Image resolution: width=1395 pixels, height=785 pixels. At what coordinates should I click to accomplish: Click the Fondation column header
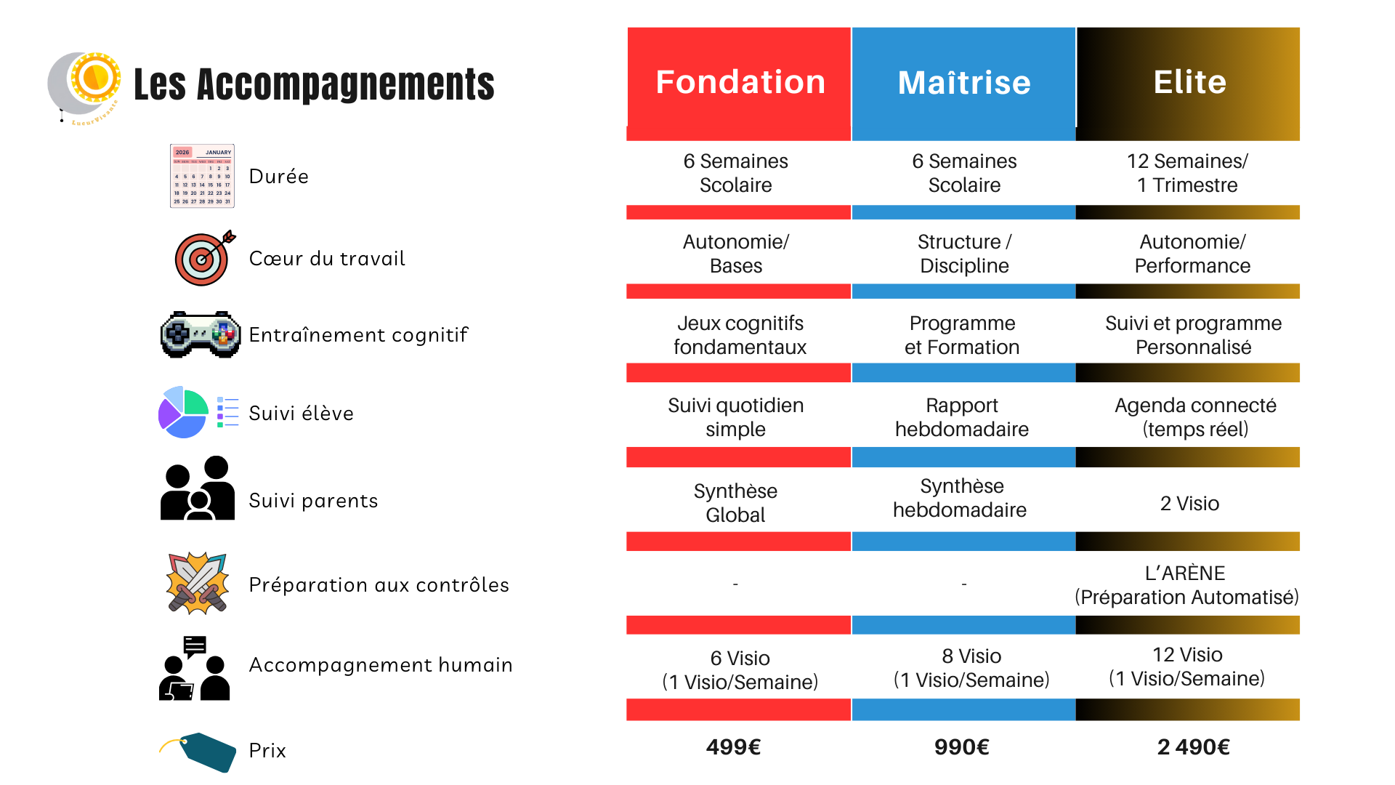click(740, 83)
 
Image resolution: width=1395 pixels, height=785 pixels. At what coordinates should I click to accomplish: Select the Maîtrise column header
click(964, 83)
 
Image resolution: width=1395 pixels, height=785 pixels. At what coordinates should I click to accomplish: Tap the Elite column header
click(1189, 83)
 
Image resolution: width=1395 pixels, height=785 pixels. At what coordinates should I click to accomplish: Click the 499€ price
click(734, 747)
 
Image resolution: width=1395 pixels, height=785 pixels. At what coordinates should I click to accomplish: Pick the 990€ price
click(962, 747)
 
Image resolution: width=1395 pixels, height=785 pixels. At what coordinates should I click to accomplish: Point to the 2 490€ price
click(1193, 747)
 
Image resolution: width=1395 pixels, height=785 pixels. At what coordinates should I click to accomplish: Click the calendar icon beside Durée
click(202, 176)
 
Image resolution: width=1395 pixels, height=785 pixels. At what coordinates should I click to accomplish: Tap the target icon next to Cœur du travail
click(204, 258)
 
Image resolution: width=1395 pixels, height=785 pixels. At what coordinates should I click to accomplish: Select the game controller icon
click(201, 334)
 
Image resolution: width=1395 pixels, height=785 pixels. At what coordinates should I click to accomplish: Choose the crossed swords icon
click(198, 583)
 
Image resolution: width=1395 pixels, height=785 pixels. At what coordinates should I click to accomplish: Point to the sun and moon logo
click(86, 84)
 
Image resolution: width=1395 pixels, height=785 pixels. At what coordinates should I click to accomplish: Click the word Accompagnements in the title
click(346, 84)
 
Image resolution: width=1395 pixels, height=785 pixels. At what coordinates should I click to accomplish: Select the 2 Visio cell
click(1189, 503)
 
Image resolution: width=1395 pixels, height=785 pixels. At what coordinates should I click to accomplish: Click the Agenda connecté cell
click(1195, 417)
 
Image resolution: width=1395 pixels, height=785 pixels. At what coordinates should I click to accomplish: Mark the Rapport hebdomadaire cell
click(962, 417)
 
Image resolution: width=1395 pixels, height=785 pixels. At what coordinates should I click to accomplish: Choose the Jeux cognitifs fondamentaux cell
click(740, 335)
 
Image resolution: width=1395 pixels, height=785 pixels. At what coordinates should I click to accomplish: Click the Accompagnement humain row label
click(381, 665)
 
